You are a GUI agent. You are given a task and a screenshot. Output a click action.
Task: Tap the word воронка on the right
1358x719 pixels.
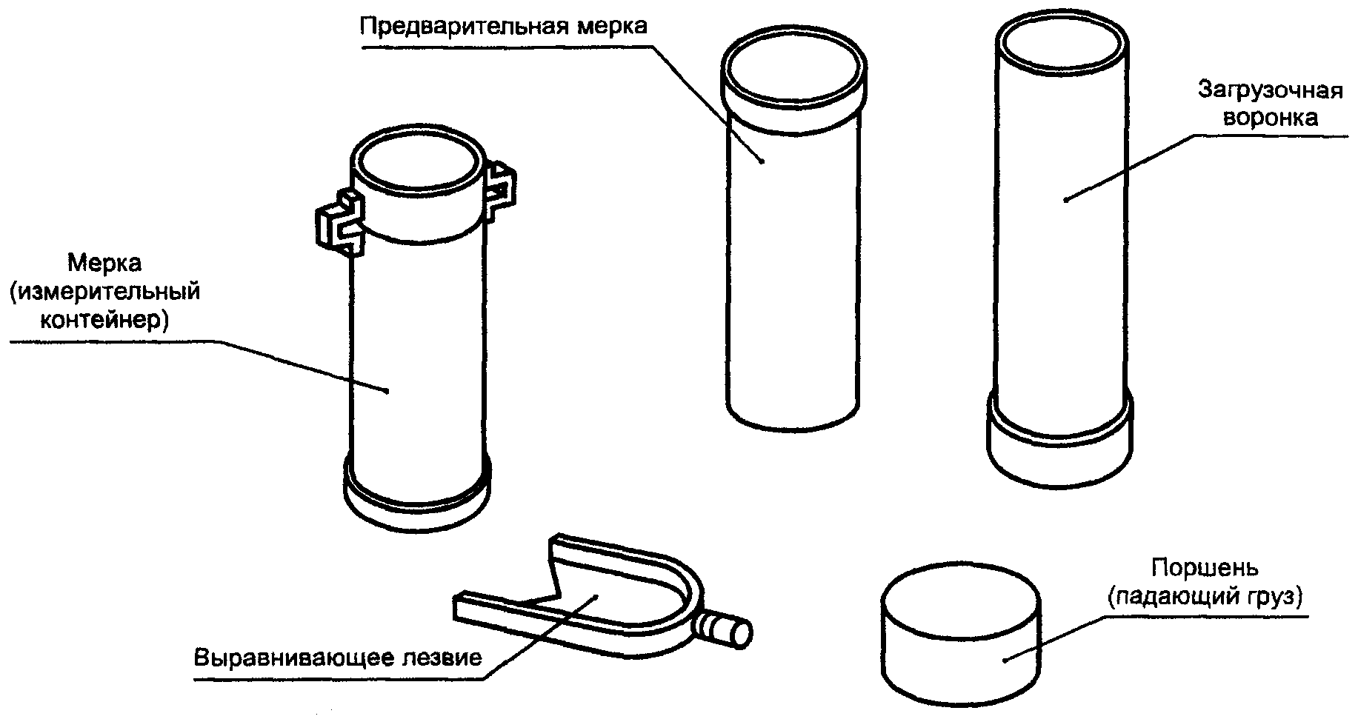pos(1270,118)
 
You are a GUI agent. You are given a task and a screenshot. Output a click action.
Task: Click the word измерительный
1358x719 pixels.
pos(105,292)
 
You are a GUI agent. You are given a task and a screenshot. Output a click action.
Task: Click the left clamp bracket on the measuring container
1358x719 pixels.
pos(340,222)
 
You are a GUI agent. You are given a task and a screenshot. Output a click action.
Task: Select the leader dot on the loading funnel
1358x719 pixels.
pos(1065,198)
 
